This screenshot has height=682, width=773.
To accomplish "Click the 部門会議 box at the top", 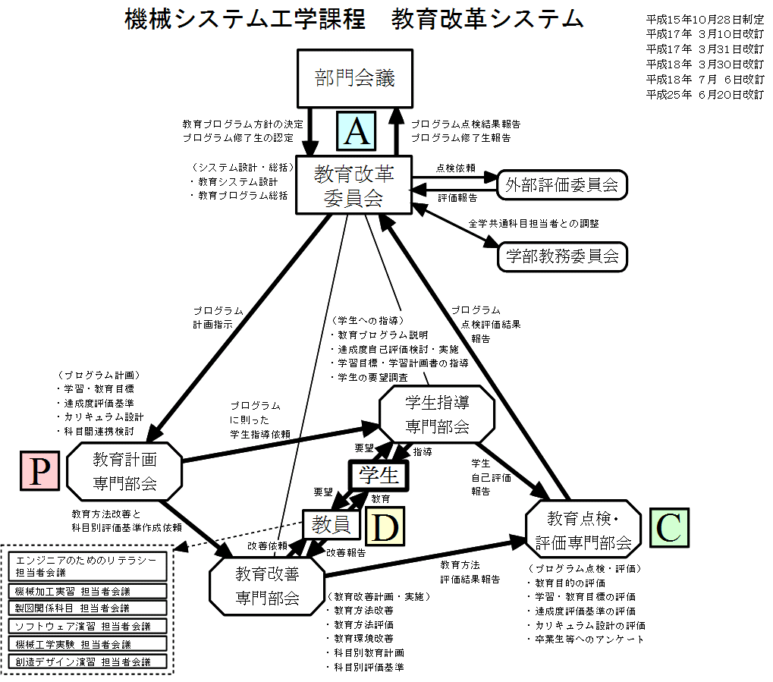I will (355, 78).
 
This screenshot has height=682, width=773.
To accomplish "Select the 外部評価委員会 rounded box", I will (563, 184).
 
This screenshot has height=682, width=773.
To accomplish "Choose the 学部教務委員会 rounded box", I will (562, 256).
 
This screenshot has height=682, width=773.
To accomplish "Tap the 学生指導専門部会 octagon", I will (437, 413).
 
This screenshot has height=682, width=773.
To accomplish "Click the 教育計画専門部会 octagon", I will (125, 470).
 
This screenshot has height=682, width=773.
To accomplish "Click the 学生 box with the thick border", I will (379, 476).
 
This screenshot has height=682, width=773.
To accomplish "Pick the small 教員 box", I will (331, 523).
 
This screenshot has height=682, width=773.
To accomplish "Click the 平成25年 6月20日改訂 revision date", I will (705, 95).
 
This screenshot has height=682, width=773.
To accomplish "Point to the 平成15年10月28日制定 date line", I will (705, 17).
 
